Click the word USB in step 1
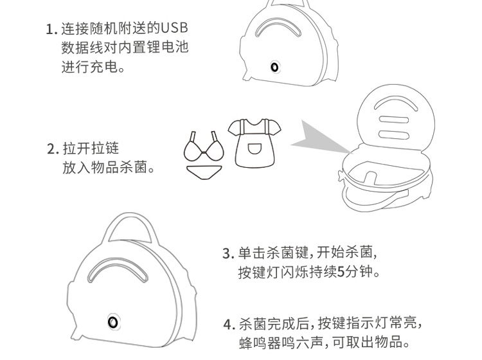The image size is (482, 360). coord(174,28)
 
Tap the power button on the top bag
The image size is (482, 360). coord(274,67)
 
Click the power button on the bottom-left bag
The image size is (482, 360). coord(113,322)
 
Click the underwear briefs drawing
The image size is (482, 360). coord(204,172)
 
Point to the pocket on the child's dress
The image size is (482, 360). coord(254,148)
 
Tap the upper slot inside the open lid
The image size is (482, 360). coord(394,120)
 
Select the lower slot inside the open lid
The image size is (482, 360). coord(394,134)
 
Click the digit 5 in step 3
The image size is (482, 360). coord(341,272)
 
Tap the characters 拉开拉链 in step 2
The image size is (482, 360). coord(91,148)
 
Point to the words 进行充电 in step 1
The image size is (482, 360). coord(89,67)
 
